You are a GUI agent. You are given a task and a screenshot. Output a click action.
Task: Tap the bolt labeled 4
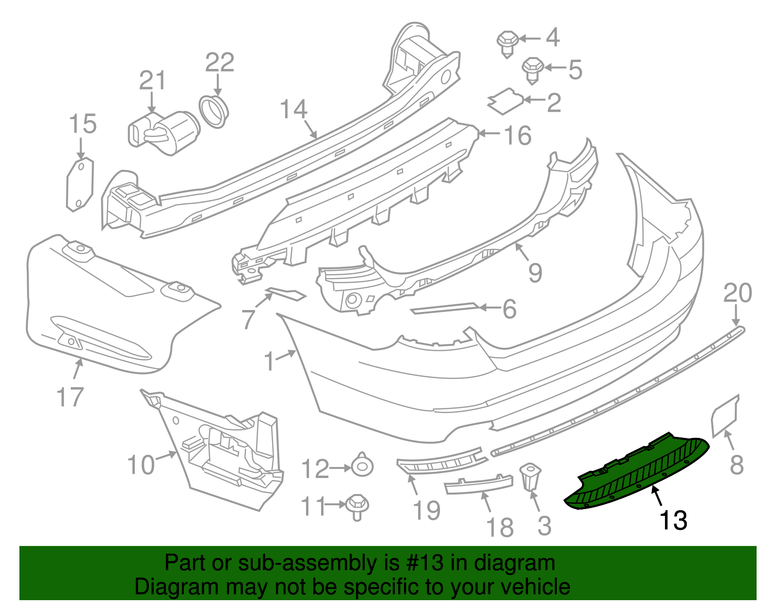coord(507,43)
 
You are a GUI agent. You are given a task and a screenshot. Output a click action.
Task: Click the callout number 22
coord(220,62)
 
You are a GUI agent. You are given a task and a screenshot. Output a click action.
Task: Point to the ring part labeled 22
coord(214,111)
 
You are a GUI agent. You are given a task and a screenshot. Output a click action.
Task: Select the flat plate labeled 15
coord(80,184)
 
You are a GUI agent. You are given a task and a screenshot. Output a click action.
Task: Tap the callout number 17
coord(70,397)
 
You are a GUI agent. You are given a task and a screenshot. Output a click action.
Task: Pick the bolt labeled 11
coord(357,506)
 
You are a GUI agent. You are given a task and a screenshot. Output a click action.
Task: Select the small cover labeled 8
coord(725,416)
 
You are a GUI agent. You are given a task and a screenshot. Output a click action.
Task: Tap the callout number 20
coord(737,293)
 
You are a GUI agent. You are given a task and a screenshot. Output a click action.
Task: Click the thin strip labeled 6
coord(444,308)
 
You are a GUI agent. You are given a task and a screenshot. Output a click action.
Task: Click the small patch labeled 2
coord(505,101)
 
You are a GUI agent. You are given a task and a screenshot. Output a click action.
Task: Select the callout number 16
coord(518,136)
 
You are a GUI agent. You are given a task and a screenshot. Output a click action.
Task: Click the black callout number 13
coord(673,520)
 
